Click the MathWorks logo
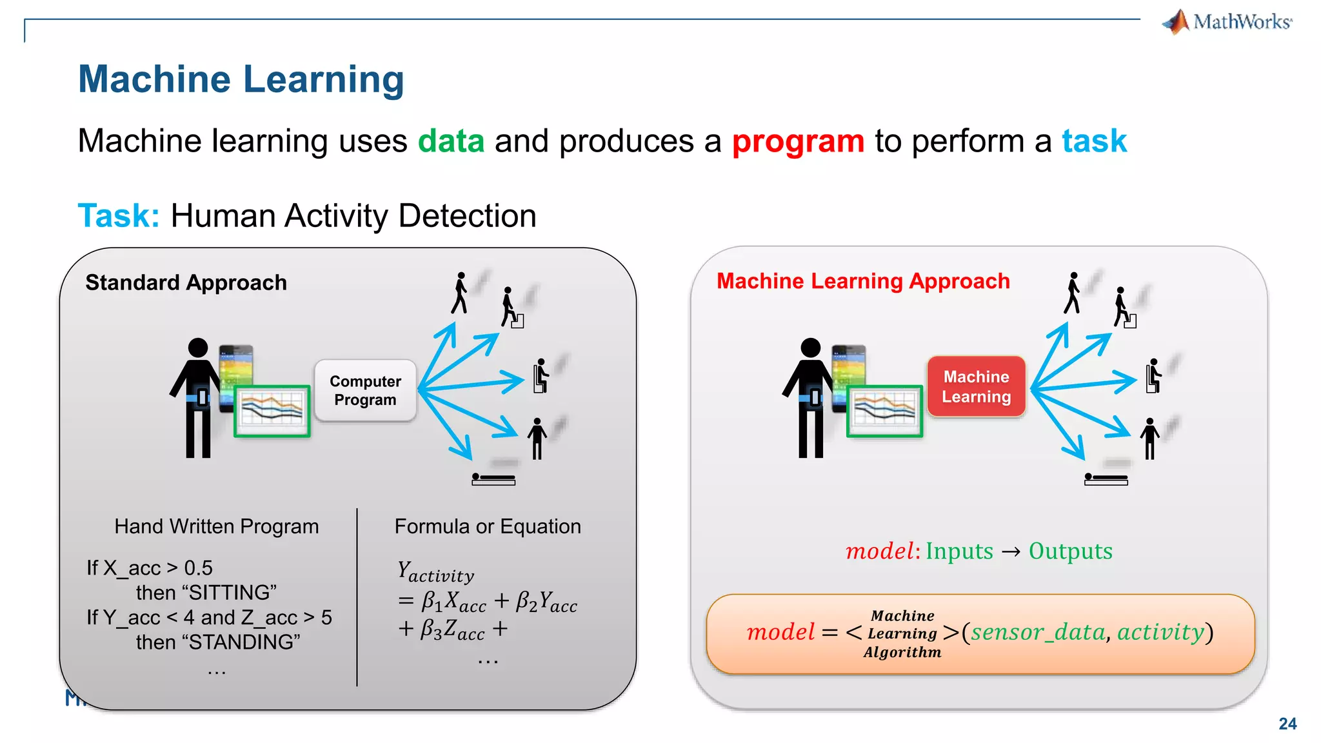pos(1227,22)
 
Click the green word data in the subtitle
pos(451,141)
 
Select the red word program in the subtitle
pos(798,141)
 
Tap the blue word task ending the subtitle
pos(1094,141)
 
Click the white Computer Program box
pos(365,391)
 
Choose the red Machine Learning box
pos(976,386)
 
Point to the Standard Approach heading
pos(186,282)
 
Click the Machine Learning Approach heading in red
pos(863,281)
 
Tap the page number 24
pos(1287,724)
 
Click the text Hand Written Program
pos(216,526)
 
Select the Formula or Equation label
pos(488,526)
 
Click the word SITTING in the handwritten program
pos(206,592)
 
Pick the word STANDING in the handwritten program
pos(218,642)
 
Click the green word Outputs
pos(1070,551)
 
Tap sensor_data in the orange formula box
pos(1038,632)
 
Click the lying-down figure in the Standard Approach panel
pos(493,479)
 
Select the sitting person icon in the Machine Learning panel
pos(1153,376)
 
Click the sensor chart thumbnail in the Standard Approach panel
pos(272,411)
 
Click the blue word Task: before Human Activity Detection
pos(118,215)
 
